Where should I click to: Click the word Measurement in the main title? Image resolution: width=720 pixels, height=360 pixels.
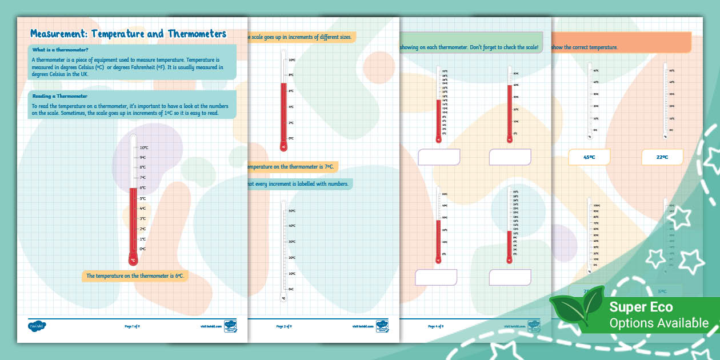tap(59, 34)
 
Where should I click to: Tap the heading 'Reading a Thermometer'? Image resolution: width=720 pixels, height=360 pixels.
tap(60, 96)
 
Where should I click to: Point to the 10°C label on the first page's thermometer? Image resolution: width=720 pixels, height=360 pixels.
tap(144, 147)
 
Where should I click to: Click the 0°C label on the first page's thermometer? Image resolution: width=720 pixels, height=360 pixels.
tap(143, 249)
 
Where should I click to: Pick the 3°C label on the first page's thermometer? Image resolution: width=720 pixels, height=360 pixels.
tap(143, 219)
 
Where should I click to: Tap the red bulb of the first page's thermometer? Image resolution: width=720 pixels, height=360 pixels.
tap(133, 259)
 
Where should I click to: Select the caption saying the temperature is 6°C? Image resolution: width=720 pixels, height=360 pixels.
tap(135, 276)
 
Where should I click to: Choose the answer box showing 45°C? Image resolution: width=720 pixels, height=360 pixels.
tap(589, 157)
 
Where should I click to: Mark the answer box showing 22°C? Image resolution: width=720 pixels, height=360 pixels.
tap(662, 157)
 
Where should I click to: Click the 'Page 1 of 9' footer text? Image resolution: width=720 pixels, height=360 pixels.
tap(132, 326)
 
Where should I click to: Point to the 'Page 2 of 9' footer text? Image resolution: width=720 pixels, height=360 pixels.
tap(284, 326)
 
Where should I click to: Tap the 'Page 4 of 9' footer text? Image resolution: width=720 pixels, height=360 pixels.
tap(435, 326)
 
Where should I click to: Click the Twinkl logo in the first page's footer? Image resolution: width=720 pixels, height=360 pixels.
tap(37, 326)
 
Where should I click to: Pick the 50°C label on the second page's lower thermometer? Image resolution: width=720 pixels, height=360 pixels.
tap(291, 211)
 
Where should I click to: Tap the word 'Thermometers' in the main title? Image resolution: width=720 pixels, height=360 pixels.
tap(193, 34)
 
